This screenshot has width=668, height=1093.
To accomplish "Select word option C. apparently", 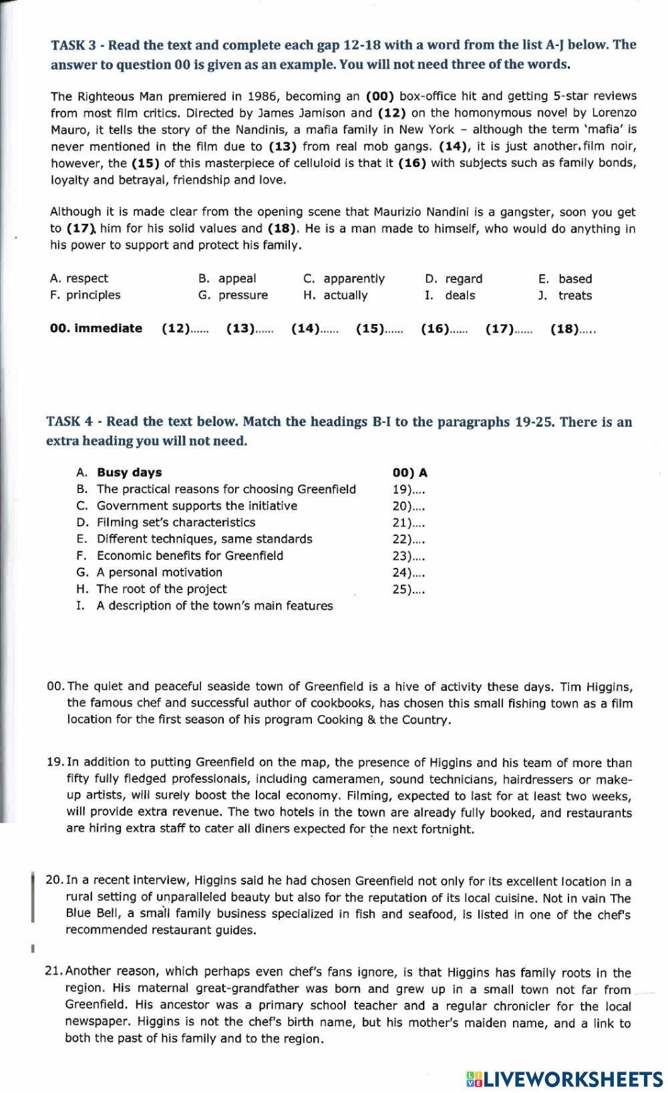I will pyautogui.click(x=344, y=279).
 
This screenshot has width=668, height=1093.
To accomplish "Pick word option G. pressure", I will pyautogui.click(x=233, y=295).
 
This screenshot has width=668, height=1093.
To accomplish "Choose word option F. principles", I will pyautogui.click(x=85, y=295).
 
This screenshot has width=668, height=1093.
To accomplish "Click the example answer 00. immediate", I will pyautogui.click(x=96, y=329).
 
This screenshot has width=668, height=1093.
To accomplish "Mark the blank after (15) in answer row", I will pyautogui.click(x=394, y=330).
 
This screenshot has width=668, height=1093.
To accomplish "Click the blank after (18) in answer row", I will pyautogui.click(x=588, y=330).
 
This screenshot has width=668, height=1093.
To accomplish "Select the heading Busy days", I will pyautogui.click(x=129, y=472).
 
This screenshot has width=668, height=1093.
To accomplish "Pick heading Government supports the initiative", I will pyautogui.click(x=196, y=506).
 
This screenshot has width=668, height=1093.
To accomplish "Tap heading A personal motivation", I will pyautogui.click(x=159, y=573).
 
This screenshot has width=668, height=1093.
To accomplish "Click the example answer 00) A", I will pyautogui.click(x=409, y=473).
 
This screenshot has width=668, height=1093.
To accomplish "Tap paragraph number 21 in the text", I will pyautogui.click(x=53, y=972).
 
